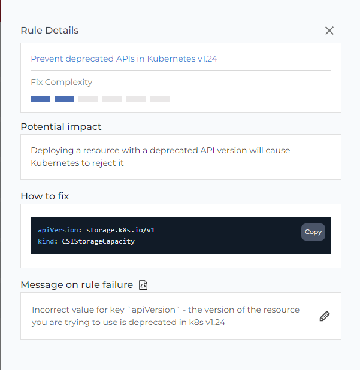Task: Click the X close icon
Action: click(329, 31)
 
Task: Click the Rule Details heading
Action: click(50, 31)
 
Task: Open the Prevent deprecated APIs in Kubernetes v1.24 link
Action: click(124, 59)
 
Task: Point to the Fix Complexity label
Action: click(61, 82)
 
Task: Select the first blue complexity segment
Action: click(40, 99)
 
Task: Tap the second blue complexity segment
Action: click(64, 99)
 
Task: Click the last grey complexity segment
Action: click(160, 99)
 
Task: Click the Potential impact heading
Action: click(61, 127)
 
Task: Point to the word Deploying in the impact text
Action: click(52, 150)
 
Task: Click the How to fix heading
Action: click(45, 196)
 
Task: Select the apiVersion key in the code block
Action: click(58, 230)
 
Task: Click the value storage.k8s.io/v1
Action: click(120, 230)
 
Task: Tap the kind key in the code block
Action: click(46, 241)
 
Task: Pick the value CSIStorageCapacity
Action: click(98, 241)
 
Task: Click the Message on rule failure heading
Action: click(77, 285)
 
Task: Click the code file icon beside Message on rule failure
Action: click(143, 285)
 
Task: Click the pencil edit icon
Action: click(325, 316)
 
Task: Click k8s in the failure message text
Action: click(196, 322)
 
